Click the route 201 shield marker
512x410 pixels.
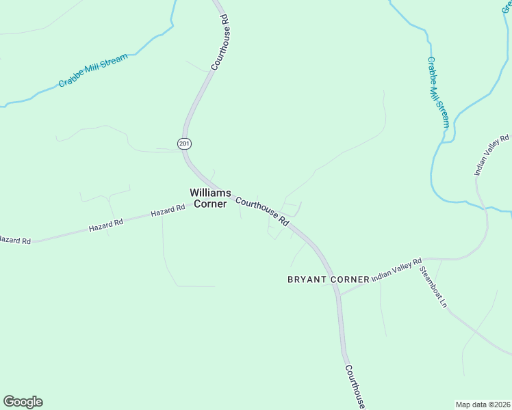183,143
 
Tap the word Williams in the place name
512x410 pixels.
210,193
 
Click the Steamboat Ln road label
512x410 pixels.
433,287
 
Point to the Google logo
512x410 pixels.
23,402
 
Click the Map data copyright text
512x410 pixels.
483,404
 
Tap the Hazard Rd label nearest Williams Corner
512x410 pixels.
168,211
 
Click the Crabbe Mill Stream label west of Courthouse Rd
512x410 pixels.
92,71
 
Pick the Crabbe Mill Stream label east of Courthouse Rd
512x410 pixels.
438,92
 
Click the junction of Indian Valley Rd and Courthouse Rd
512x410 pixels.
339,295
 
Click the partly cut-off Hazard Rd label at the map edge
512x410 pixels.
15,241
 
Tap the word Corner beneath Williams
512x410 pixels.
210,204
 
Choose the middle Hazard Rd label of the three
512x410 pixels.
105,224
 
